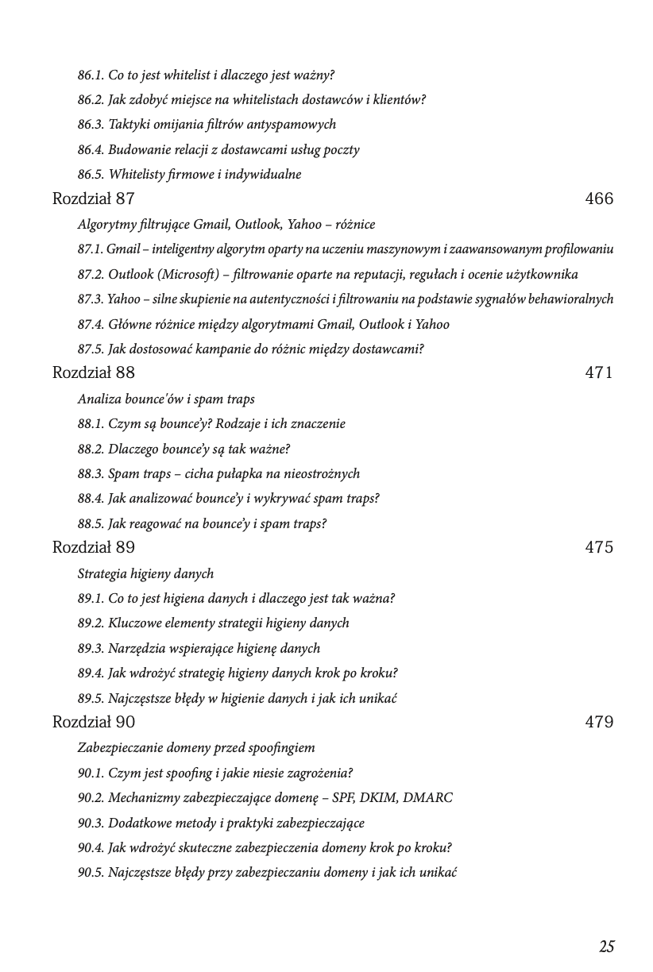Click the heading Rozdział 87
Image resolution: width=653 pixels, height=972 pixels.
coord(93,199)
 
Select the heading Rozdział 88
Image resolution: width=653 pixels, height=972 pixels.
coord(93,372)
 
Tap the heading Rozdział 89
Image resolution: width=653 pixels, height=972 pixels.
coord(93,547)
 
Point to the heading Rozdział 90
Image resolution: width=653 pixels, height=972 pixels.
coord(93,722)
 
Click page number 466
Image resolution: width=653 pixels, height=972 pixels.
coord(599,199)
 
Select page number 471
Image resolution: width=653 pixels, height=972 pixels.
coord(599,372)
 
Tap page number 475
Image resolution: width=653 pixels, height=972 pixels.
coord(599,547)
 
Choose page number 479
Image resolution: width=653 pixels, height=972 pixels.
coord(599,722)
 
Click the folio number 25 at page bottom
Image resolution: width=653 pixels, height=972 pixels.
coord(607,947)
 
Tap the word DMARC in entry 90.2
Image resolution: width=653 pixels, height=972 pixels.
coord(427,798)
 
